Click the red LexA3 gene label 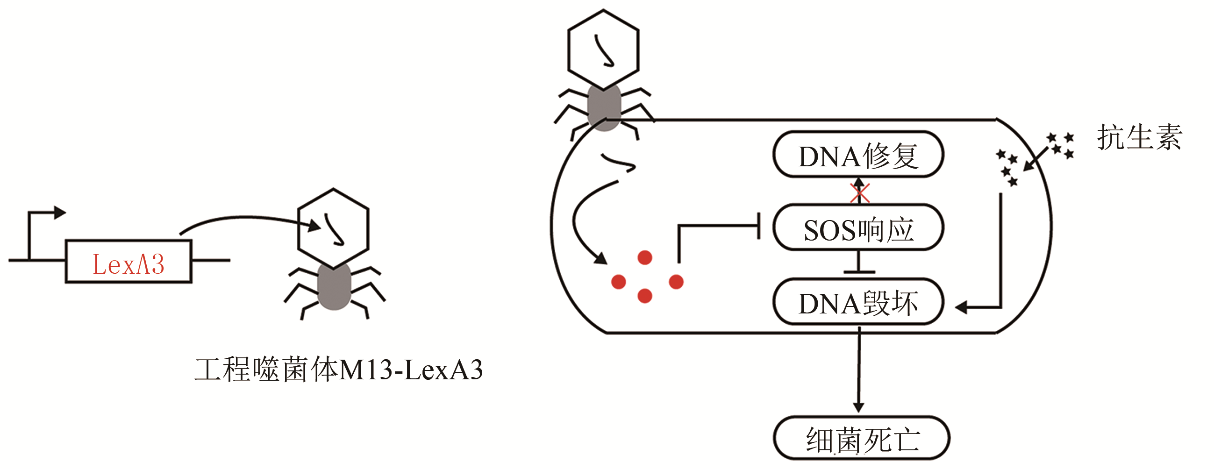coord(128,264)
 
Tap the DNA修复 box coord(858,155)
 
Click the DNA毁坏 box coord(858,303)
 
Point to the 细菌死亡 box coord(861,438)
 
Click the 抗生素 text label coord(1139,138)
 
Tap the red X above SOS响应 coord(860,193)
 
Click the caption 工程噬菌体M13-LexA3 coord(338,370)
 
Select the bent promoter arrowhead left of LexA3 coord(59,213)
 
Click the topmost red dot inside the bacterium coord(645,258)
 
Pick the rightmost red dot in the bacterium coord(676,282)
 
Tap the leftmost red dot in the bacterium coord(618,282)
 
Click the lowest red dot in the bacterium coord(645,296)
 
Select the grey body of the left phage coord(334,286)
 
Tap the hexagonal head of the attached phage coord(603,50)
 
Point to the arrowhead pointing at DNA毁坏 coord(961,307)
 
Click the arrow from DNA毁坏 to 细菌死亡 coord(859,372)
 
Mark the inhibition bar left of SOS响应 coord(758,226)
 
